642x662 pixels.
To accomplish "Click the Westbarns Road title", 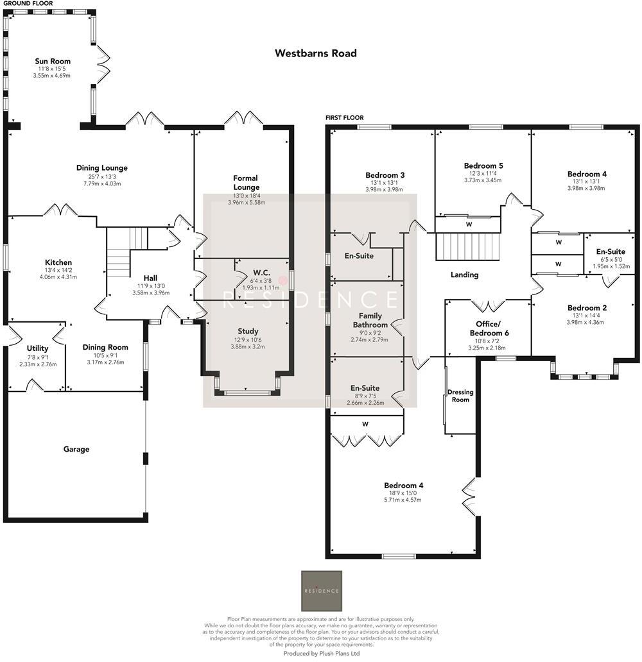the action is tap(316, 53).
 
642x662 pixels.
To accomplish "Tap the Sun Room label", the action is tap(53, 61).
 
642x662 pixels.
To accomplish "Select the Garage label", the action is tap(76, 449).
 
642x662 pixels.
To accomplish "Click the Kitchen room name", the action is tap(58, 262).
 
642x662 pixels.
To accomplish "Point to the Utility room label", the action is tap(38, 348).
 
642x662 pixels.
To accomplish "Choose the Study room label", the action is tap(248, 332).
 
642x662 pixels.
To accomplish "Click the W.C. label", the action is tap(262, 273).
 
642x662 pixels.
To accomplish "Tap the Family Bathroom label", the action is tap(370, 321).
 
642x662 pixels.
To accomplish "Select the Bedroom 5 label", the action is tap(483, 166).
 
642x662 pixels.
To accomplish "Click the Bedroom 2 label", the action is tap(586, 308).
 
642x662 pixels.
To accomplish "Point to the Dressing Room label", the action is tap(460, 396).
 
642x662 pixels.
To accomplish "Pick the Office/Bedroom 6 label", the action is tap(489, 328).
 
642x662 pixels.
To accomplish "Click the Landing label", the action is tap(465, 275).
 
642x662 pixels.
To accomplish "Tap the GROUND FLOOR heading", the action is tap(28, 3).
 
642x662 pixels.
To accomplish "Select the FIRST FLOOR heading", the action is tap(345, 118).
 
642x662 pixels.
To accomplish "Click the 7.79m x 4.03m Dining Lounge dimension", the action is tap(102, 183).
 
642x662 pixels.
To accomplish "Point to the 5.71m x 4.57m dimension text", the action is tap(403, 500).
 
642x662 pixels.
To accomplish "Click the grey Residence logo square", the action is tap(322, 591).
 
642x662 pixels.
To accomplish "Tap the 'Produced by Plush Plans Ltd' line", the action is tap(322, 654).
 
